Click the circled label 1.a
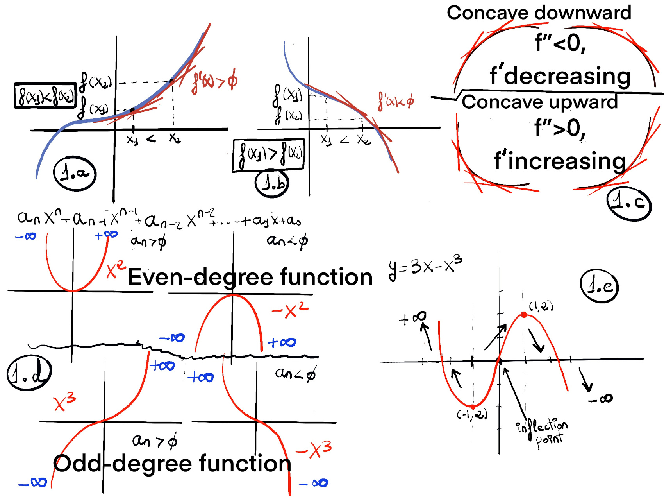point(75,173)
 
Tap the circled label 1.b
point(272,183)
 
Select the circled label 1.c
point(629,203)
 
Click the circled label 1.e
point(599,286)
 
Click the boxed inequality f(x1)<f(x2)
point(45,95)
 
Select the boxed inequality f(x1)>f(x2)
point(269,155)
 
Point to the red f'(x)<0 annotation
point(396,101)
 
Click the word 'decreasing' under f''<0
point(567,76)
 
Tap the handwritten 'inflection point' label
point(542,432)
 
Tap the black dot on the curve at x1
point(132,110)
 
